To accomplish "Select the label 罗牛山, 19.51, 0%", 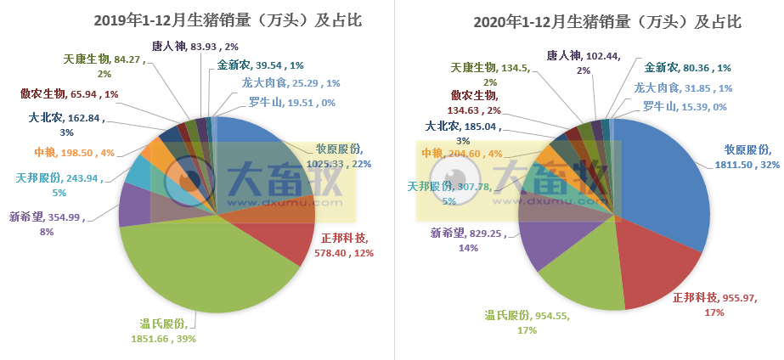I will pos(283,103).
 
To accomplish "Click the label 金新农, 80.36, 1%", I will pos(688,67).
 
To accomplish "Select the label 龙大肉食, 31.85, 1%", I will pos(683,87).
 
